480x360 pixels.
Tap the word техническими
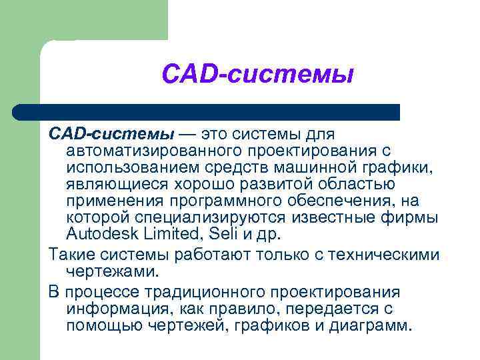coord(381,254)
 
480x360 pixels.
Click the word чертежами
coord(112,271)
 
